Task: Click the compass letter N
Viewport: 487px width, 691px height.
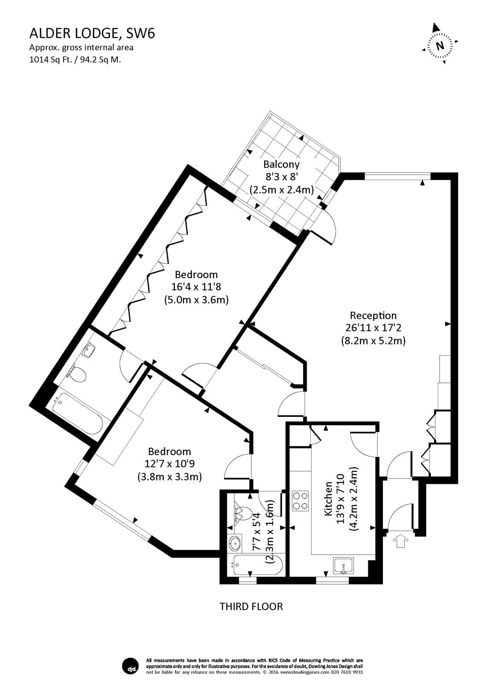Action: click(440, 46)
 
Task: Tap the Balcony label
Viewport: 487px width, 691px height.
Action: click(281, 164)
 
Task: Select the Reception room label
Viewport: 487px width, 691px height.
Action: click(373, 316)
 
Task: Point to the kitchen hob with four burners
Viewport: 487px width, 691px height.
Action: click(301, 501)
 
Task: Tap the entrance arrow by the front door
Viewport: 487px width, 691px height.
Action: click(400, 540)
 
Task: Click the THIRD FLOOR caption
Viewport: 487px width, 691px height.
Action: click(251, 606)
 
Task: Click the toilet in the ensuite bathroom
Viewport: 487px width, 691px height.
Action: click(78, 375)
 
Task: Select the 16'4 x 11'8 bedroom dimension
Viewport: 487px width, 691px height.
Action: click(196, 287)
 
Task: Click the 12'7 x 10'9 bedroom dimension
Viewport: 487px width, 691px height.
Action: click(169, 464)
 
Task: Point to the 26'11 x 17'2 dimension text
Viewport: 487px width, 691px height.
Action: click(373, 328)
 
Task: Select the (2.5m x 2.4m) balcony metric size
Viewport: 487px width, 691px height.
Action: click(281, 189)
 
